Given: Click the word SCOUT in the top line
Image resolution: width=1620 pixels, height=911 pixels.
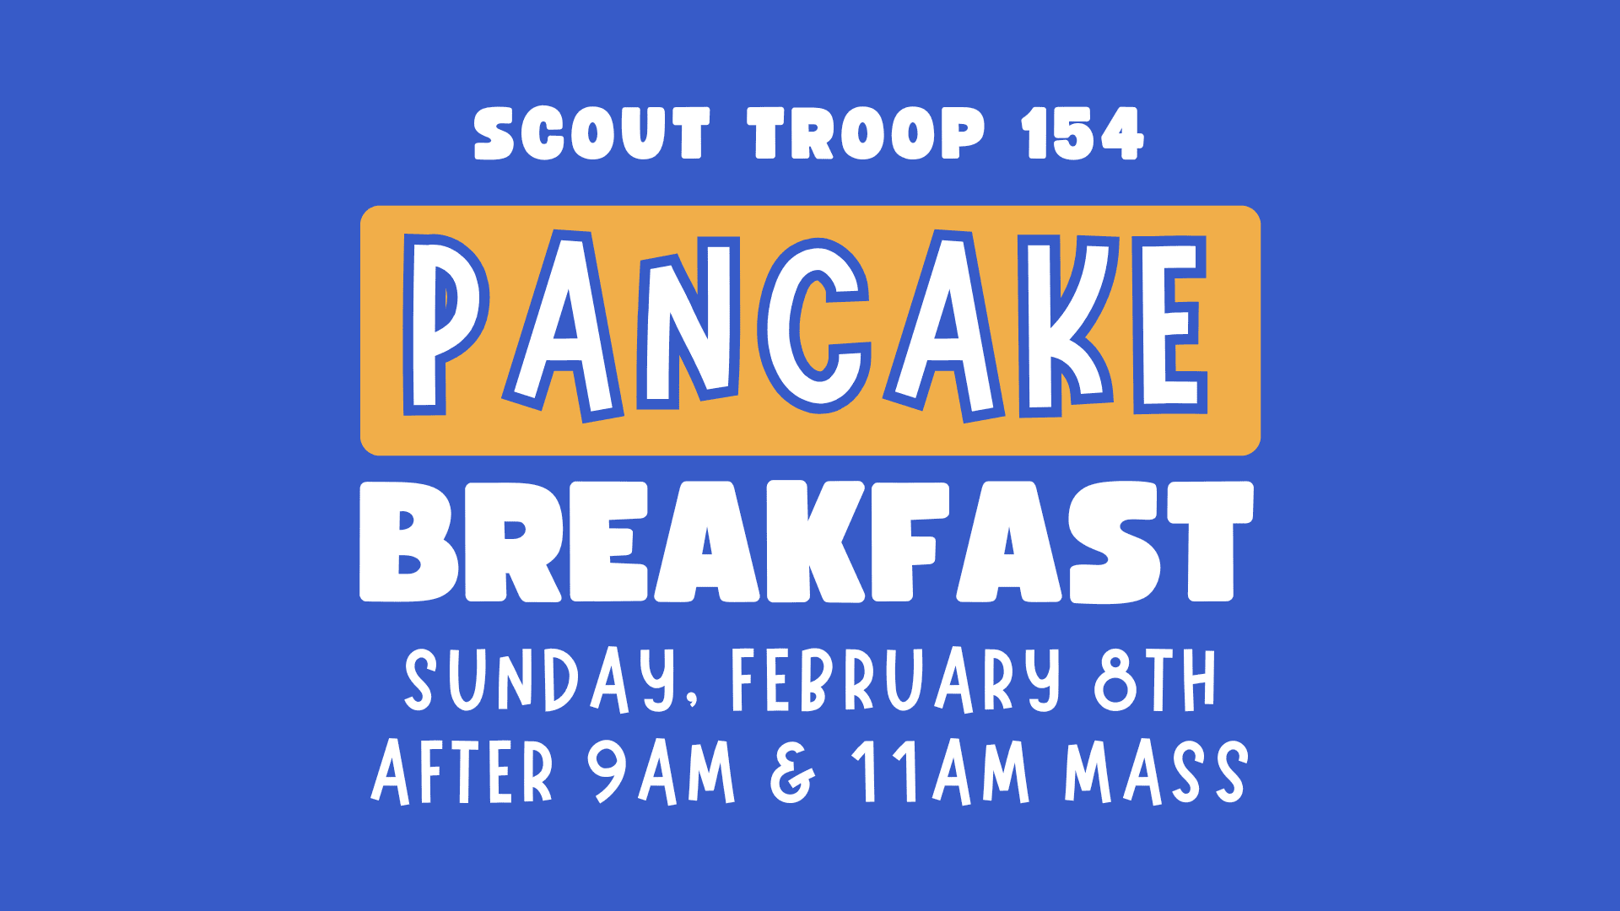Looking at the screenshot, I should pos(591,134).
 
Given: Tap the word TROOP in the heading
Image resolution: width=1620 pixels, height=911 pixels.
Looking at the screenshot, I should pos(866,134).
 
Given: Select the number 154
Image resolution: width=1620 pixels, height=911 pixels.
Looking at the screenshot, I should pos(1082,134).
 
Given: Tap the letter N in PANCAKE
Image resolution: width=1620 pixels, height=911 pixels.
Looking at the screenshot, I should pos(688,325).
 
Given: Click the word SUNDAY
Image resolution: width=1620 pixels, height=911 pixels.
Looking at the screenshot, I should pos(540,680).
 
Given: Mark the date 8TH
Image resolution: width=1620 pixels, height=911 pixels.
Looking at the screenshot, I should pos(1154,680).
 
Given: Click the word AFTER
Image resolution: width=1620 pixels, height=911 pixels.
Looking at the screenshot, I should pos(462,772).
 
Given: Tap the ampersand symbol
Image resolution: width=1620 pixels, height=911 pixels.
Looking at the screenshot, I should pos(792,772).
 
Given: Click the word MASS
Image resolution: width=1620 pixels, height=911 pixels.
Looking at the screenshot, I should pos(1155,772).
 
